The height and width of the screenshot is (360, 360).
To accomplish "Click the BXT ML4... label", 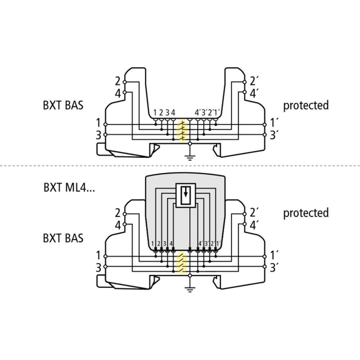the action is click(69, 187).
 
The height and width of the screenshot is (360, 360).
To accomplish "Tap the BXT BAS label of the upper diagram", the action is click(63, 105).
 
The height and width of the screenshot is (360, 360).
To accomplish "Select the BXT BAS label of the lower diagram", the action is click(63, 238).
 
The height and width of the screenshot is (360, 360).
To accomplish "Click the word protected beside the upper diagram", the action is click(306, 105).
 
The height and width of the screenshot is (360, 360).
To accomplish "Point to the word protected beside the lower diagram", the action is click(306, 213).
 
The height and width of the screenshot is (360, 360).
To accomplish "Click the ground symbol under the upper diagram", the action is click(190, 158).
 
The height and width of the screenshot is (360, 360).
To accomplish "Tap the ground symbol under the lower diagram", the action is click(190, 290).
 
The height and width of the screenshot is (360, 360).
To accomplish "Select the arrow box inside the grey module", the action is click(185, 195).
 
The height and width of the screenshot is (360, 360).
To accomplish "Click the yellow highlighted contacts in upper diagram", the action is click(183, 131).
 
